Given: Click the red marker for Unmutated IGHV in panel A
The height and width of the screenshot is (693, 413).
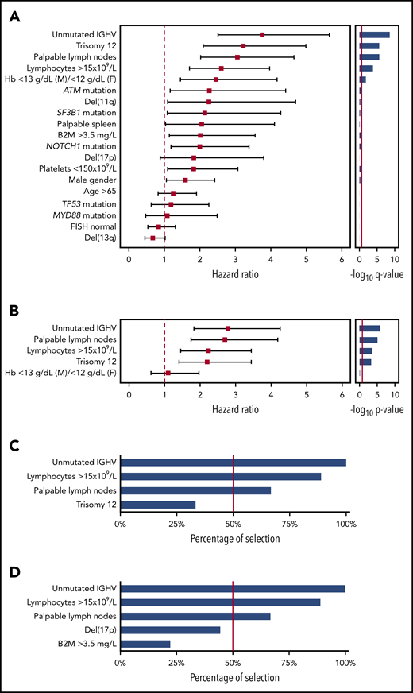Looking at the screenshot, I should (262, 34).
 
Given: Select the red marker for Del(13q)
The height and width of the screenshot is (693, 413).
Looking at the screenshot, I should (152, 238).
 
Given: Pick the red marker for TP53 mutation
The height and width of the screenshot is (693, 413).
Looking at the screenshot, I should (171, 204).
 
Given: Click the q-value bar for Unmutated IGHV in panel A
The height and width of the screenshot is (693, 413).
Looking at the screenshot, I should (374, 35).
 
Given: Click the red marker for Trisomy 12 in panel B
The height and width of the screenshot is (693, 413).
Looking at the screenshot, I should (207, 362).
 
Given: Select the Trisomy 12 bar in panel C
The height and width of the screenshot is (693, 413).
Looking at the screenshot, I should (157, 505).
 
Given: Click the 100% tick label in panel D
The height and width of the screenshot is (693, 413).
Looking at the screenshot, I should (345, 664).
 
